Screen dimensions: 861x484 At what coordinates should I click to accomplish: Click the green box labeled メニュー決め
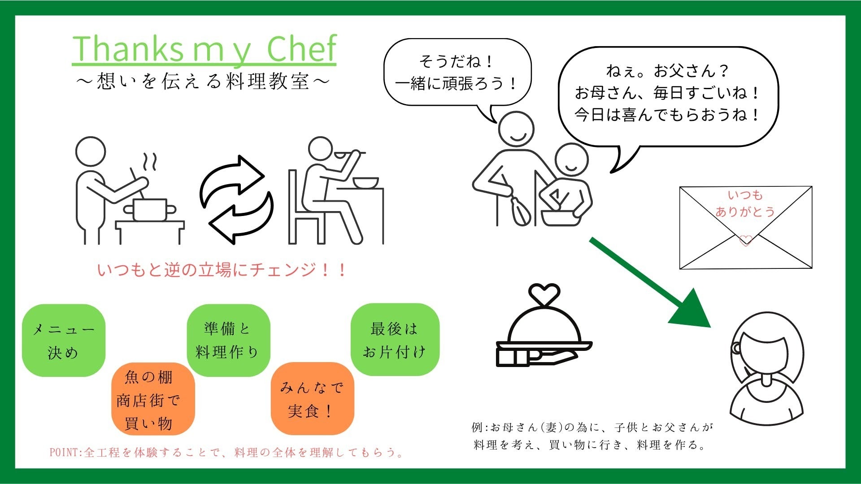point(64,341)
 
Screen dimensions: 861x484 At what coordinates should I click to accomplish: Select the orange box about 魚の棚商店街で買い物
point(153,399)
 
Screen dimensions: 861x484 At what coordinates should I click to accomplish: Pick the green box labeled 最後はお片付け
point(395,340)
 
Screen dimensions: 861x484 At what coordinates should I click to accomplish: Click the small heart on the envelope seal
point(745,241)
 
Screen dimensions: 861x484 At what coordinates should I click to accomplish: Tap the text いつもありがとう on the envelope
point(745,203)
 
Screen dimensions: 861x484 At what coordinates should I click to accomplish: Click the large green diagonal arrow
point(650,283)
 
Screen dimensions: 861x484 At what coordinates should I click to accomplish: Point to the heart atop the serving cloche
point(544,294)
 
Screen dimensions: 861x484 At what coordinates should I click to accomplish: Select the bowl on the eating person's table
point(365,182)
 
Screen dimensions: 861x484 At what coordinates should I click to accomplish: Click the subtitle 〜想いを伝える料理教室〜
point(203,81)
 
